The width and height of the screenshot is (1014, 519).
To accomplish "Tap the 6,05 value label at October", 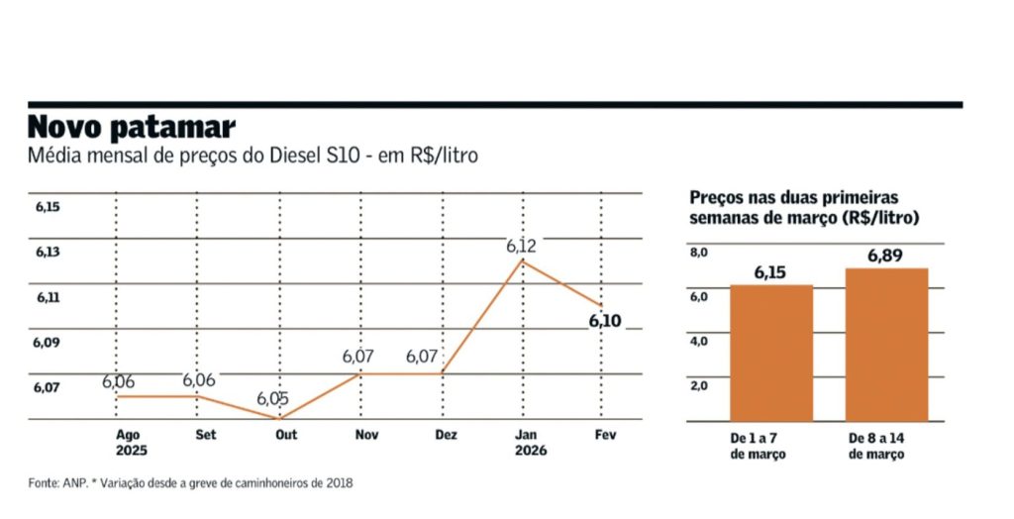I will [272, 398].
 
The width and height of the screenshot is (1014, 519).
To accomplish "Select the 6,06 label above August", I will [118, 381].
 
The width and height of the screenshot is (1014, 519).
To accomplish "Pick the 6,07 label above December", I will [424, 357].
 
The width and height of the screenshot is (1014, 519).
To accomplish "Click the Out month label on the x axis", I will [286, 435].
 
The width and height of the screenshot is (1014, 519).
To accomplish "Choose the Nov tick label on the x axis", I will [366, 435].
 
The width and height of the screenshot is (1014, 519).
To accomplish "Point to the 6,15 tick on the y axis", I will [48, 207].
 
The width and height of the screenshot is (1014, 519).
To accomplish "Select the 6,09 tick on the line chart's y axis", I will [48, 343].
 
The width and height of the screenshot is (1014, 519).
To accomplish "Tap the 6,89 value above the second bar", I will [886, 257].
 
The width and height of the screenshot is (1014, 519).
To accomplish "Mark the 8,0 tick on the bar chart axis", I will [699, 253].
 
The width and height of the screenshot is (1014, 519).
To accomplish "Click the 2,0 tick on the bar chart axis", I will [699, 385].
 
